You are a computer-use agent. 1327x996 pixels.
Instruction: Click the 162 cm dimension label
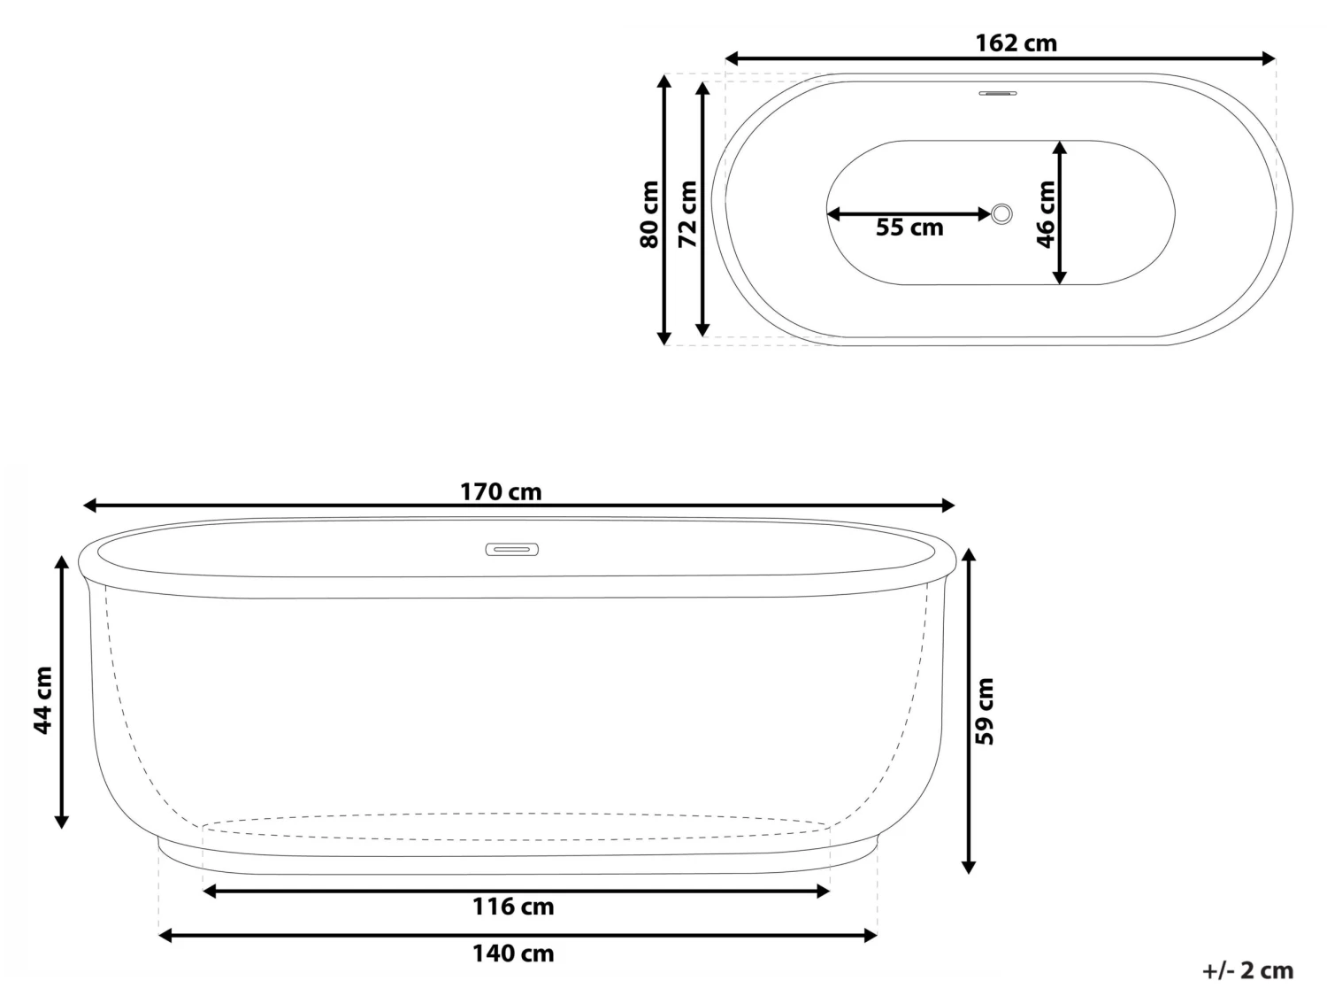(1016, 42)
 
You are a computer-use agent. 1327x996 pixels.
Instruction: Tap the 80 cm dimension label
(649, 213)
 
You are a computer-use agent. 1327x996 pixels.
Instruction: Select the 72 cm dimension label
(687, 213)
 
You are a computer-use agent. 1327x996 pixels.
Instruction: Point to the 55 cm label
(909, 228)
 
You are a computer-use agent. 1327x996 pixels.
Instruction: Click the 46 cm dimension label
(1046, 213)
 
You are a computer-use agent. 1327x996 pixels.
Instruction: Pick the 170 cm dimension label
(501, 491)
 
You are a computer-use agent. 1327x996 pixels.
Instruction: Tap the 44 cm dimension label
(42, 699)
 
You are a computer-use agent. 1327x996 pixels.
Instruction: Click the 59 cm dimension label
(985, 710)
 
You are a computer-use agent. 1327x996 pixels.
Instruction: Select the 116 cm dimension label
(513, 907)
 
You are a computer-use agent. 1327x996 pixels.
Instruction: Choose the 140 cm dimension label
(513, 953)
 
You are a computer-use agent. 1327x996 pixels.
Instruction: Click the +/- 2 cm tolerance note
(1248, 970)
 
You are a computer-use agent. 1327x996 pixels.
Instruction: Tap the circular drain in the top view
(1001, 213)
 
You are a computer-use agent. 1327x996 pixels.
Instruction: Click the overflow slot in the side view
(511, 550)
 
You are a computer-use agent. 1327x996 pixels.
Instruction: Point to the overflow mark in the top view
(998, 92)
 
